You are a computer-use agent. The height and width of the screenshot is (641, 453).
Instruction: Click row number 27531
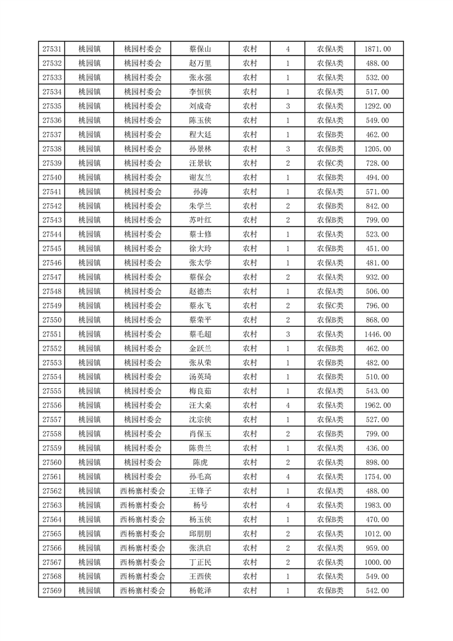(52, 49)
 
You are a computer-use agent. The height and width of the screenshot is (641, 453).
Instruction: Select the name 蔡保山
(200, 49)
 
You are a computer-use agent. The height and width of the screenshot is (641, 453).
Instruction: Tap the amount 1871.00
(377, 49)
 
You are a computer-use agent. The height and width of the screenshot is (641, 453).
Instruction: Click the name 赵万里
(200, 63)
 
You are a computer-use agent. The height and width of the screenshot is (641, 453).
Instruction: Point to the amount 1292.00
(377, 106)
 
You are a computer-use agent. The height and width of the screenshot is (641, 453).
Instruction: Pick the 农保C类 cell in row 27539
(330, 163)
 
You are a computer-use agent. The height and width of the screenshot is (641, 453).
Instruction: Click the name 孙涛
(200, 192)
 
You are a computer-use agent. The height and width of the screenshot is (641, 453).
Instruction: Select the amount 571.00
(377, 192)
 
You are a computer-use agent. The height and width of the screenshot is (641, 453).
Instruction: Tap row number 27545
(52, 249)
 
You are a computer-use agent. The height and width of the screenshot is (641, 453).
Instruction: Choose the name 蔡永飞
(200, 306)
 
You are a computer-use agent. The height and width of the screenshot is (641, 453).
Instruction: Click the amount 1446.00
(377, 334)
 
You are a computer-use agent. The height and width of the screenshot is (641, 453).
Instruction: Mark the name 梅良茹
(200, 391)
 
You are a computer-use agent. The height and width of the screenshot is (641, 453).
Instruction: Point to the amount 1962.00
(377, 406)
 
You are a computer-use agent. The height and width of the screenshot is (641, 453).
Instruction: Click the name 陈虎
(200, 462)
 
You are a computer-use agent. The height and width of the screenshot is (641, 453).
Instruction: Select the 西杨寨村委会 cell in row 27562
(143, 491)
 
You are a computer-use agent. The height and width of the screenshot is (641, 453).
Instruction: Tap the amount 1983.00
(377, 505)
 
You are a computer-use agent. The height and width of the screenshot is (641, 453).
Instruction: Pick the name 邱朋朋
(200, 534)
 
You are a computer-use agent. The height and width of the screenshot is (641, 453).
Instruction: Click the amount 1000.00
(377, 562)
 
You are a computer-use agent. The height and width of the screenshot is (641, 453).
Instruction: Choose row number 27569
(52, 591)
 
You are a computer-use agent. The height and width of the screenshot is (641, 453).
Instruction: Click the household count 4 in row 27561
(287, 476)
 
